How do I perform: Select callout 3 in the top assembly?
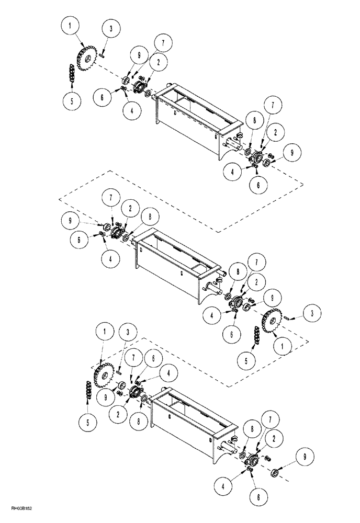(111, 29)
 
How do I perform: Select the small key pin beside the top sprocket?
(105, 51)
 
